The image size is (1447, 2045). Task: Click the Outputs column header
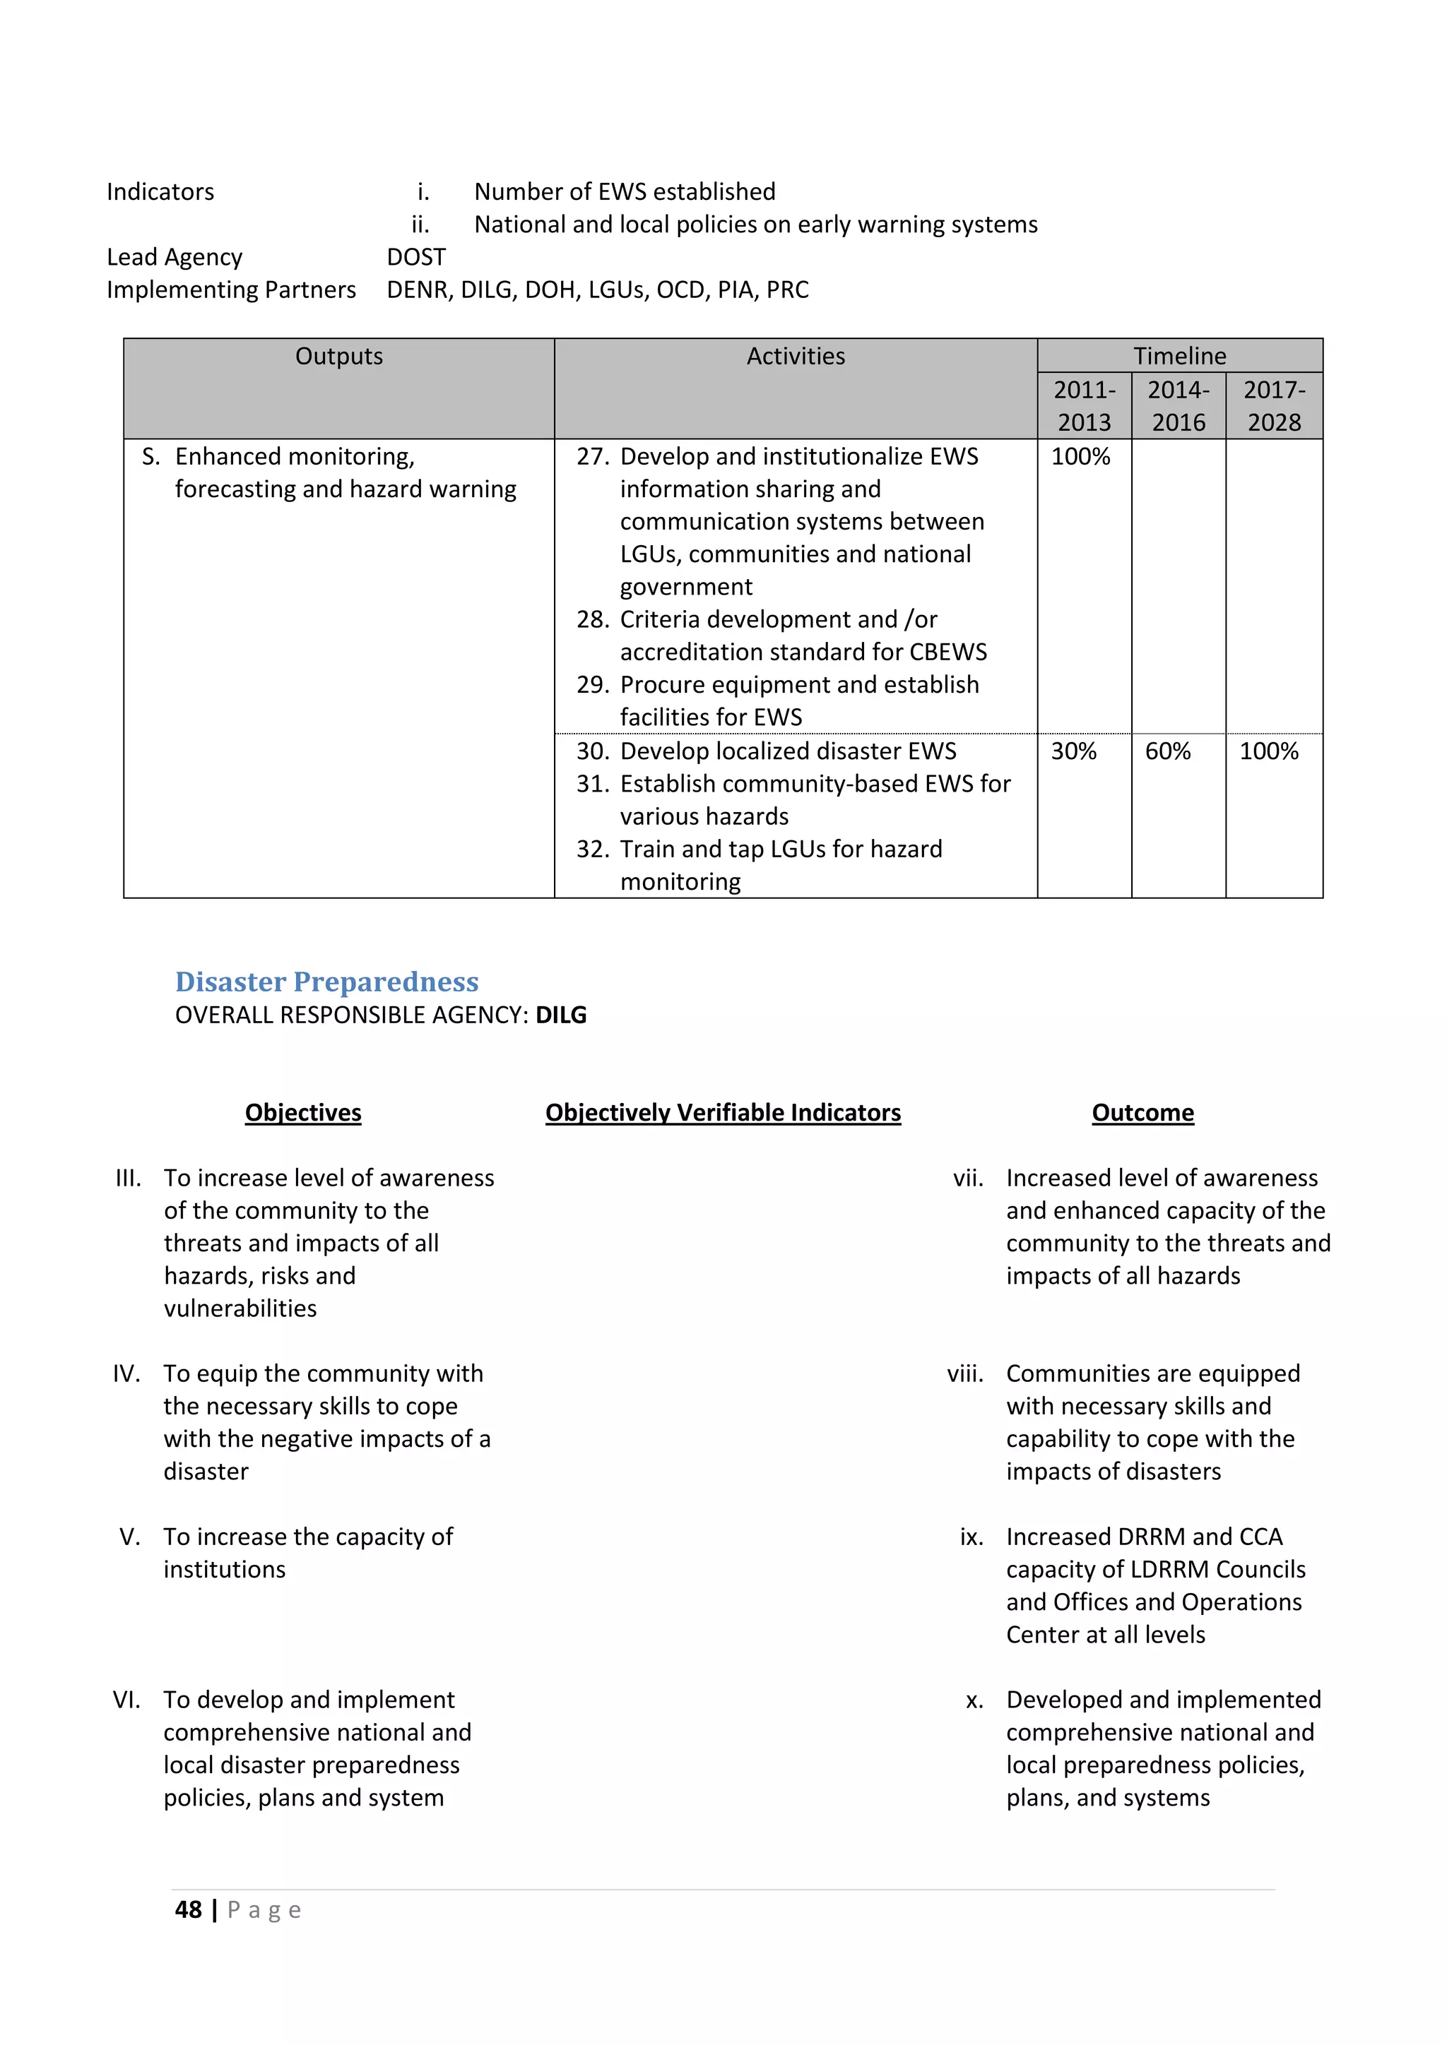click(338, 357)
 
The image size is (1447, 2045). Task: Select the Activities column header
click(795, 357)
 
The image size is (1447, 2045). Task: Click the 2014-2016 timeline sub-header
click(1178, 406)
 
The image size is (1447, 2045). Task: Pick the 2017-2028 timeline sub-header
click(1273, 406)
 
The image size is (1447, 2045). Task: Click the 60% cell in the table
click(1167, 751)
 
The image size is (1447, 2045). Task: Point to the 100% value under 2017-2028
click(1268, 751)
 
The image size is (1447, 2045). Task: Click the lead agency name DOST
click(416, 258)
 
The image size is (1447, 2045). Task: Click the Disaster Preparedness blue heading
click(326, 982)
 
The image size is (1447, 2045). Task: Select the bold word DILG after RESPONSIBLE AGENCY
click(560, 1015)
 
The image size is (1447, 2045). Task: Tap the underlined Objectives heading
click(303, 1112)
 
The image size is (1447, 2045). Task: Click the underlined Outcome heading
click(1142, 1112)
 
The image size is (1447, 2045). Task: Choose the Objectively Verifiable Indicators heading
click(723, 1112)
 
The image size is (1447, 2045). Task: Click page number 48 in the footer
click(188, 1909)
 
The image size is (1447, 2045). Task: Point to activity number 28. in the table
click(591, 619)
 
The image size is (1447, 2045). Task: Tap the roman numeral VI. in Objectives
click(126, 1700)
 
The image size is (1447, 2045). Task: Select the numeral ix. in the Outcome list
click(971, 1537)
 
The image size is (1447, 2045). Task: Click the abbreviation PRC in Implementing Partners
click(788, 290)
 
